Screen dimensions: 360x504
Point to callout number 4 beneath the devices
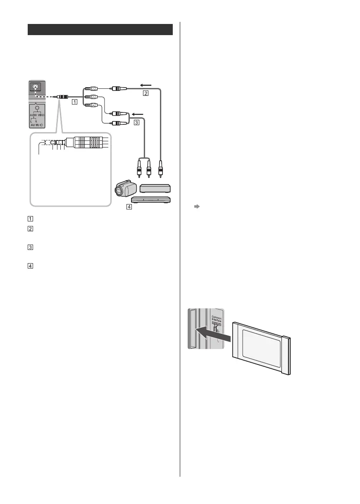coord(129,207)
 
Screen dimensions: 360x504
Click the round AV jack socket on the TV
coord(36,87)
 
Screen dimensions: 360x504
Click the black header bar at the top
coord(100,30)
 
